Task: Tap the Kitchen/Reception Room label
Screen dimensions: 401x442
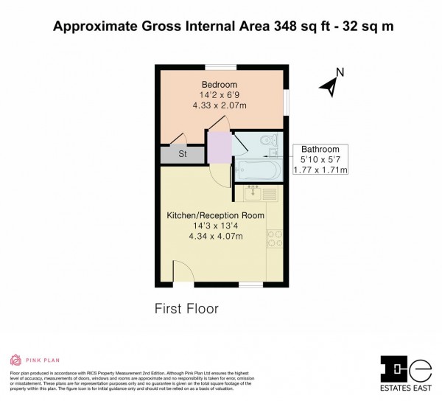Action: [x=215, y=215]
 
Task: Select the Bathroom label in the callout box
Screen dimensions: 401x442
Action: [x=320, y=149]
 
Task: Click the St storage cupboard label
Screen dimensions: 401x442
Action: [x=182, y=154]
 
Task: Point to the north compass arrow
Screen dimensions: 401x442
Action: [x=329, y=88]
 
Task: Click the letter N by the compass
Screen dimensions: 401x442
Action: [x=340, y=72]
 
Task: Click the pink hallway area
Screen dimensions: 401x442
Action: [x=219, y=147]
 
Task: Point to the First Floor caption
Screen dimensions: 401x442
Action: [x=186, y=309]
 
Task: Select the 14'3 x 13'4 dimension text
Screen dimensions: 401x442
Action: [x=215, y=226]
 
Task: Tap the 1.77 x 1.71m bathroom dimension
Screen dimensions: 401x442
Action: [x=320, y=170]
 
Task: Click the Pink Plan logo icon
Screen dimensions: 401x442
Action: [x=15, y=360]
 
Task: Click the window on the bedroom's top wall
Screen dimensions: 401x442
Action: [x=215, y=67]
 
